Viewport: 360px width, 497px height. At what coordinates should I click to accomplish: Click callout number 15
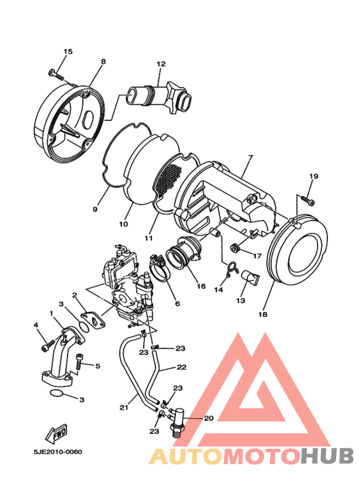pos(68,51)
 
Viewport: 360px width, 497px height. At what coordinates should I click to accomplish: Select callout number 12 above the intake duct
pos(161,64)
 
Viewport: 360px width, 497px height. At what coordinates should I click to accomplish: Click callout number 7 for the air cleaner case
pos(250,158)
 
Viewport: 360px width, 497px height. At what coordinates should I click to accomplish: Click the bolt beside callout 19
pos(307,199)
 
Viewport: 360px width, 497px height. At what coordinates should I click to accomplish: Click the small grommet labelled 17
pos(236,248)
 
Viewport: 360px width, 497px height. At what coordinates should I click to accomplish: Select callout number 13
pos(241,300)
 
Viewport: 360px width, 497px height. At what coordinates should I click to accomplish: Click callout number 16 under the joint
pos(201,286)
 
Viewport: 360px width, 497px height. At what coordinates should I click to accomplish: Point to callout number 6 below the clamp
pos(177,303)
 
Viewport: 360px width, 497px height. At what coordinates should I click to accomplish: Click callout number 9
pos(94,210)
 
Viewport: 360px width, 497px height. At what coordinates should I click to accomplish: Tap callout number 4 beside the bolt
pos(36,325)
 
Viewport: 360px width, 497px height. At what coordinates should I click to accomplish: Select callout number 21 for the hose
pos(123,407)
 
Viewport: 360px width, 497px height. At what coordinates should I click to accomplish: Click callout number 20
pos(208,418)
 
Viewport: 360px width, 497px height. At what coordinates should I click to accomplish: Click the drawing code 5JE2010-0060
pos(58,452)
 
